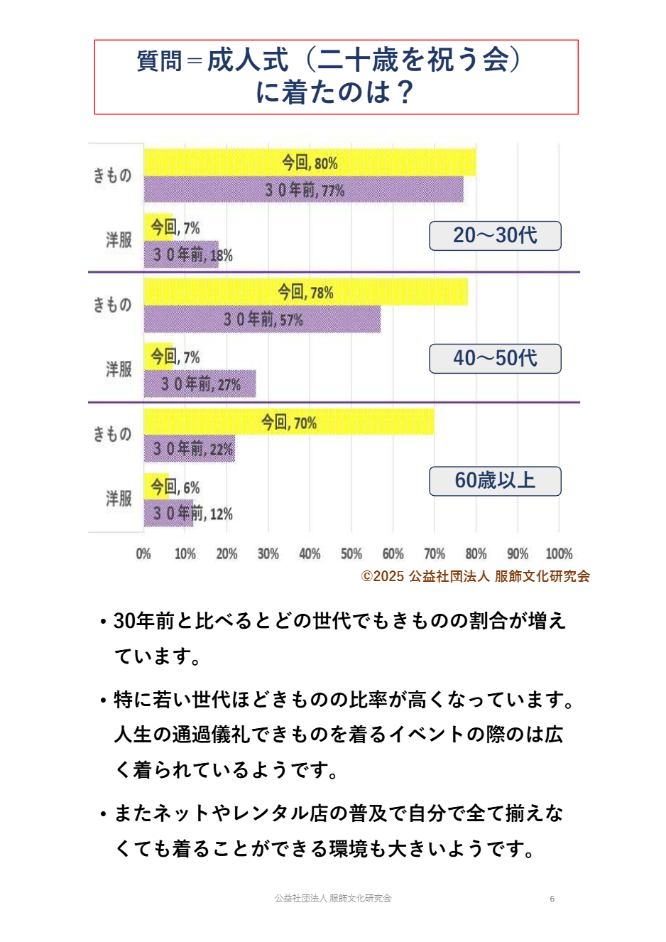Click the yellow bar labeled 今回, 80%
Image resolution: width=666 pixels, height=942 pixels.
pos(310,163)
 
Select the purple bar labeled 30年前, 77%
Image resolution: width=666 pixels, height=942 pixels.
pos(304,190)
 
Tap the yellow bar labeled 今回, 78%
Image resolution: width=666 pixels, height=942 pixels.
pos(306,292)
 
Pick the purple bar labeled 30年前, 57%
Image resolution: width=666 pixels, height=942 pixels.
pos(263,320)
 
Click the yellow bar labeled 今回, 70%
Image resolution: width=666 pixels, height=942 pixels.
pos(289,422)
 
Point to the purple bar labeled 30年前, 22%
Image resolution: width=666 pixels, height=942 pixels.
pos(190,449)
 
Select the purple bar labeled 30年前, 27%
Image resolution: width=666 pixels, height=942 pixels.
pos(200,384)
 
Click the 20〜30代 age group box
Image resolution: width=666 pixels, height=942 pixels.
pos(495,236)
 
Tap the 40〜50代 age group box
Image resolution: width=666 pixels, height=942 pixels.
pos(495,359)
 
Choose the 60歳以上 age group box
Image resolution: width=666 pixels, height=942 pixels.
pos(495,481)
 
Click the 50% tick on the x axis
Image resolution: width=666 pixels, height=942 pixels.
pos(351,554)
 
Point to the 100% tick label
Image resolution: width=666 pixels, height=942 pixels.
pos(559,554)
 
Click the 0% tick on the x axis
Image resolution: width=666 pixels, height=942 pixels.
pos(143,554)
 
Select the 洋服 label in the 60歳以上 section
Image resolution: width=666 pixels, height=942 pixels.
pos(119,499)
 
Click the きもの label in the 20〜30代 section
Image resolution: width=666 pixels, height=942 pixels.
pos(113,175)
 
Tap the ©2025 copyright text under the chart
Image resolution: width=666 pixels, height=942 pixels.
pos(475,576)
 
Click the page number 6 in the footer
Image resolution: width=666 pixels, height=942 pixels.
pos(552,899)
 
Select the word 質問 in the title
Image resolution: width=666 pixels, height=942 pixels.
pos(159,61)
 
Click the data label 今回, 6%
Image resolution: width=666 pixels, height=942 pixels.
pos(175,487)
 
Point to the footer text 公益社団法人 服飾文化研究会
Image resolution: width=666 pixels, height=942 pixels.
pos(333,899)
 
